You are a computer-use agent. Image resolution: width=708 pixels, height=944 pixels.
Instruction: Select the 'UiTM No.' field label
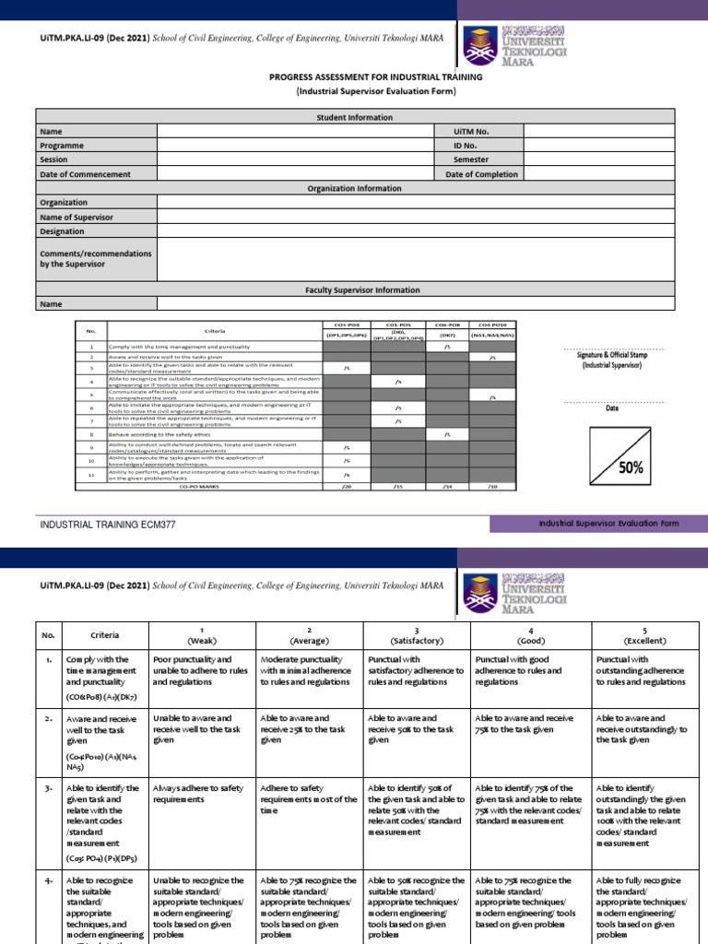[x=470, y=132]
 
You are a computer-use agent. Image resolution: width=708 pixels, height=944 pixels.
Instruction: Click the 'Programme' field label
[x=62, y=146]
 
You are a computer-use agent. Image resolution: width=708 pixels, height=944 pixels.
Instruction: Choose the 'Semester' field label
[x=470, y=159]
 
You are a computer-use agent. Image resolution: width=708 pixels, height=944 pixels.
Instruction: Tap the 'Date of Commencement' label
[x=85, y=173]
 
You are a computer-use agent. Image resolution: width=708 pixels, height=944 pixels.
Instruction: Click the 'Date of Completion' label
[x=481, y=173]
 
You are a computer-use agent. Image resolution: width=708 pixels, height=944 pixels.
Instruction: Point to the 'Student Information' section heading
[x=354, y=117]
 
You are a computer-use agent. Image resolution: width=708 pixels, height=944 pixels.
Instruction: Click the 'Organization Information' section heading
[x=354, y=188]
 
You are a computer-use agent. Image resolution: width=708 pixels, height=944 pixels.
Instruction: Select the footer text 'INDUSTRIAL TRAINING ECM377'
[x=107, y=524]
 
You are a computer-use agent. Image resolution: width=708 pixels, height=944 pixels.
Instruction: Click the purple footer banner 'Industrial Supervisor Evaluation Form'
[x=608, y=524]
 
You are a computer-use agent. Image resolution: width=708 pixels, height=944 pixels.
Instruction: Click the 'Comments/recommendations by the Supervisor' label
[x=95, y=258]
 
